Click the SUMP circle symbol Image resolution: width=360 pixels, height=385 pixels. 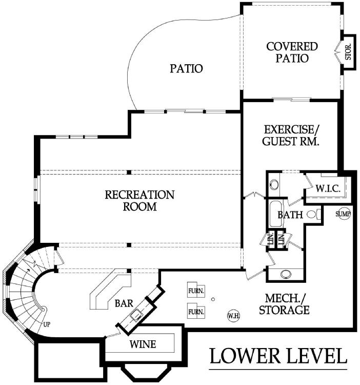tap(343, 214)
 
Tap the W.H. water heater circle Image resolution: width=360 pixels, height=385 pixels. tap(233, 316)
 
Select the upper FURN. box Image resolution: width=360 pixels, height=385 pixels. tap(196, 290)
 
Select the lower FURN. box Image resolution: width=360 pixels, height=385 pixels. tap(196, 311)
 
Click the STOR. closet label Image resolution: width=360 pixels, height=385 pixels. tap(348, 52)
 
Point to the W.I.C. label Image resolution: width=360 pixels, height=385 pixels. tap(328, 188)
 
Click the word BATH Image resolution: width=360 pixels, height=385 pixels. tap(290, 215)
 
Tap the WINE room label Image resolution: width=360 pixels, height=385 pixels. tap(143, 344)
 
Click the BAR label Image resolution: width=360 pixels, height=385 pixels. tap(124, 303)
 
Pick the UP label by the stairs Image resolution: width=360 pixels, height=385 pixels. tap(47, 324)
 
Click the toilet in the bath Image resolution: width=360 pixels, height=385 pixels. tap(314, 215)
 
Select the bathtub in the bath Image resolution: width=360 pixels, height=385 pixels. tap(275, 214)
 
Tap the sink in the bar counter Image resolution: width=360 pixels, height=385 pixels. tap(136, 315)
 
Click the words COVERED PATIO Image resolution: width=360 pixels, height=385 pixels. tap(292, 52)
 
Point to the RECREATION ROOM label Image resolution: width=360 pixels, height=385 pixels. tap(140, 201)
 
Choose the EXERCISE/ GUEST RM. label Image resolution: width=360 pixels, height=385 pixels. tap(291, 136)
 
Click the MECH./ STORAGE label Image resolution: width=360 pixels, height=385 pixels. tap(285, 304)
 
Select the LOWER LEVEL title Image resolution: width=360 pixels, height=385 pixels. tap(278, 356)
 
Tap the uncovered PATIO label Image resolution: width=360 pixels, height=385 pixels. tap(187, 68)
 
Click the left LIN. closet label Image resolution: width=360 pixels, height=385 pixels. tap(271, 239)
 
